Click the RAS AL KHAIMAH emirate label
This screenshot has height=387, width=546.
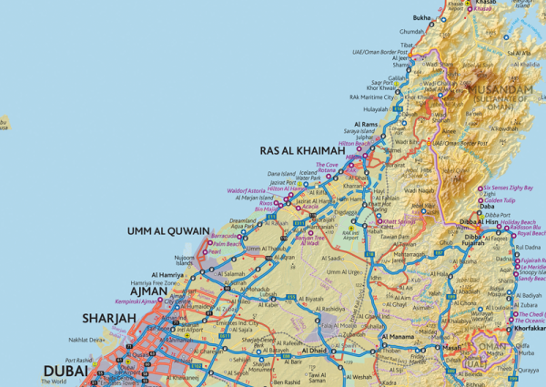pyautogui.click(x=303, y=150)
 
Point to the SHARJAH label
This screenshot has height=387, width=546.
pyautogui.click(x=110, y=318)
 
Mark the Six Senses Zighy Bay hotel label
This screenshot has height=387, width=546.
pyautogui.click(x=511, y=187)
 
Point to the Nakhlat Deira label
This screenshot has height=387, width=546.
pyautogui.click(x=87, y=340)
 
